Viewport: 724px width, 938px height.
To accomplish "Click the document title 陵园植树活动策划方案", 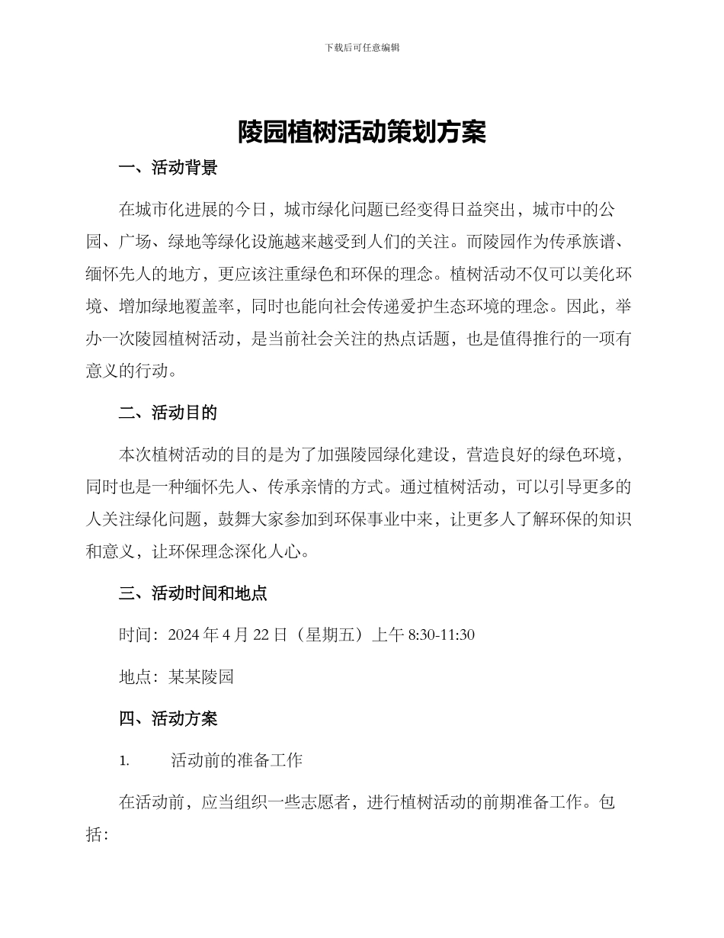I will tap(362, 133).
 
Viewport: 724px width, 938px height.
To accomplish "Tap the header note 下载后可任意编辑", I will tap(362, 47).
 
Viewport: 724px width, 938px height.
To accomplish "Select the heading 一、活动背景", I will tap(168, 168).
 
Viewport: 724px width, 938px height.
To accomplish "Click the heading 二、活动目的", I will tap(168, 413).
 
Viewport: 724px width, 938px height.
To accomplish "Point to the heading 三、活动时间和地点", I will tap(193, 593).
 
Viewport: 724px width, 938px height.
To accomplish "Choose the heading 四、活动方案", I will tap(168, 718).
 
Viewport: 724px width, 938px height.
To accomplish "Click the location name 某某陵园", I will tap(200, 676).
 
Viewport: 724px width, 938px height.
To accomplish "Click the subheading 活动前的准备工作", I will tap(236, 760).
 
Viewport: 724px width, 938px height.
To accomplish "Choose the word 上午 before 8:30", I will tap(387, 634).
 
